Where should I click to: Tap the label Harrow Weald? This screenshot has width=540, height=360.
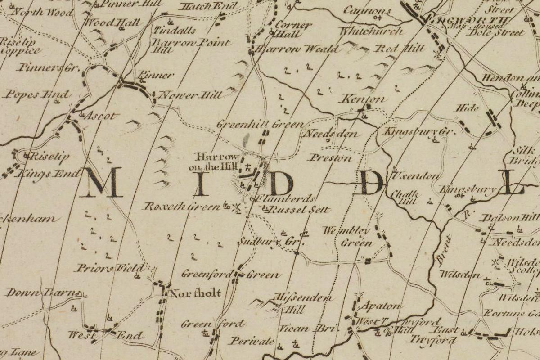[297, 49]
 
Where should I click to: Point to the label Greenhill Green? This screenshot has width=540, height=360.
[260, 124]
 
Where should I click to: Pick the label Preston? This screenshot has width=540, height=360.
[330, 158]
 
